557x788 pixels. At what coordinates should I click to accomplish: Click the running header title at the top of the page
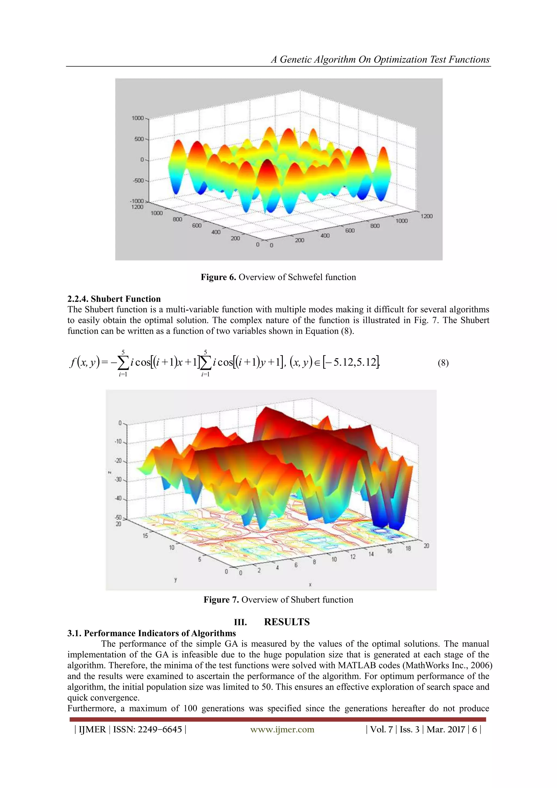(x=380, y=59)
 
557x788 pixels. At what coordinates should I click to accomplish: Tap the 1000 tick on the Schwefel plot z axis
(x=138, y=118)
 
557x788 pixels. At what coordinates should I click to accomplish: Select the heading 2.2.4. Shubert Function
(x=114, y=299)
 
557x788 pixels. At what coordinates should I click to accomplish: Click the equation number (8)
(x=443, y=363)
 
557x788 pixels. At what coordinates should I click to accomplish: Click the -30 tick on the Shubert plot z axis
(x=118, y=479)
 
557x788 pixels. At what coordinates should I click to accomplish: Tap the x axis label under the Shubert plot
(x=310, y=584)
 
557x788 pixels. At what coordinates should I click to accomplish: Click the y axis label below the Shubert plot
(x=176, y=580)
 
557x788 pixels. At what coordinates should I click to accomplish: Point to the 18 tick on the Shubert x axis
(x=408, y=548)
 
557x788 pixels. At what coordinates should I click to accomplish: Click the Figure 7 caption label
(x=221, y=600)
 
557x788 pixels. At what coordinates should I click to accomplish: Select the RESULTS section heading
(x=287, y=622)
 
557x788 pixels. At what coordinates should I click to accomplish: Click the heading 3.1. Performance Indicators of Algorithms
(x=151, y=633)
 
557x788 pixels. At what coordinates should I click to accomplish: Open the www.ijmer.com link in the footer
(x=282, y=729)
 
